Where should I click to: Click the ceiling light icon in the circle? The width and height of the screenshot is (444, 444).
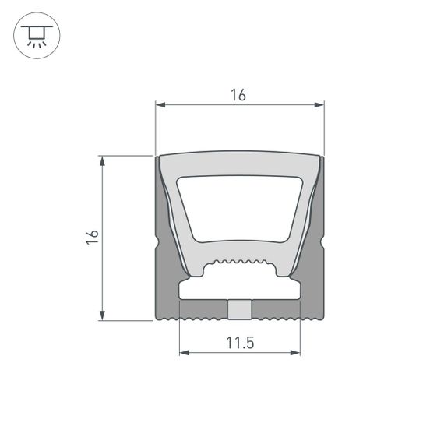coord(36,36)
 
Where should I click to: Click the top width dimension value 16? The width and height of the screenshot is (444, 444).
coord(239,95)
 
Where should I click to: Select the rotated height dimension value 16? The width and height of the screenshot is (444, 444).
coord(93,238)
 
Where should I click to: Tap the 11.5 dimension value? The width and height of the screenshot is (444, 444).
coord(240,342)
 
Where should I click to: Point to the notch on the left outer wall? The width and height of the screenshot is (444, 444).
coord(158,245)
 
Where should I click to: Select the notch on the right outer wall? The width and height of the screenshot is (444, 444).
coord(321,245)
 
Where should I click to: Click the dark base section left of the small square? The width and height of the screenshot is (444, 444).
coord(203,310)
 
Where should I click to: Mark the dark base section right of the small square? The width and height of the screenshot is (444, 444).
coord(277,310)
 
